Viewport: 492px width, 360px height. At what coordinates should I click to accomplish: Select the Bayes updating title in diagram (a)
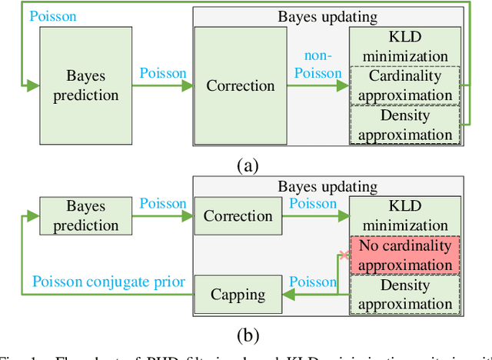327,15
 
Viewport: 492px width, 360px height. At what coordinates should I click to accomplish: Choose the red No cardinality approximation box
404,255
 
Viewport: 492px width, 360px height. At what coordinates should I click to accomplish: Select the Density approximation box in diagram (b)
404,294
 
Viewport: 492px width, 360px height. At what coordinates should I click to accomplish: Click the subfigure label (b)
246,335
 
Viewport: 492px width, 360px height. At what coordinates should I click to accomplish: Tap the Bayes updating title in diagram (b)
327,186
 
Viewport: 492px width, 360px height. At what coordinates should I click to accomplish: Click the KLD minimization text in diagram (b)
404,216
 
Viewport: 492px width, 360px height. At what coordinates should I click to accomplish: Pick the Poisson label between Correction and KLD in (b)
312,204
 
